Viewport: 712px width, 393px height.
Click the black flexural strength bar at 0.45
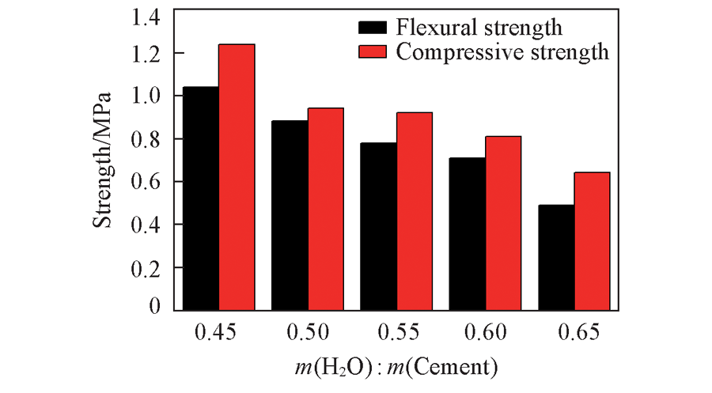[x=202, y=198]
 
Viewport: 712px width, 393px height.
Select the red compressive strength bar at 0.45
[x=237, y=176]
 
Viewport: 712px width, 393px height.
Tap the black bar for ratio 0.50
[x=290, y=214]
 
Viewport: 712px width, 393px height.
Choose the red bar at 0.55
[x=415, y=210]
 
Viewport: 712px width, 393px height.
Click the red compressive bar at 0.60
[x=503, y=222]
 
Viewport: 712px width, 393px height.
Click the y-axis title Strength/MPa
[x=104, y=161]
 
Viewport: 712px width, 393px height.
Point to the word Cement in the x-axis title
[x=460, y=368]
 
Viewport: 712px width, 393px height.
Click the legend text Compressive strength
[x=502, y=52]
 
